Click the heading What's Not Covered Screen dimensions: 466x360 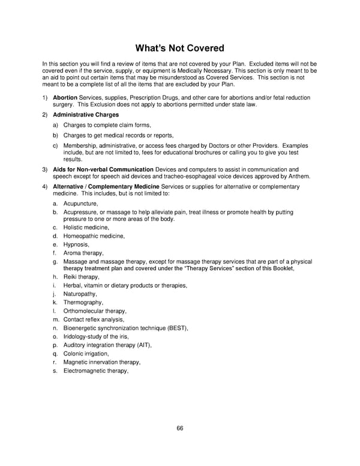(x=179, y=47)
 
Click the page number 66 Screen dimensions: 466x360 (x=179, y=428)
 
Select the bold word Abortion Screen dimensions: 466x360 (x=65, y=97)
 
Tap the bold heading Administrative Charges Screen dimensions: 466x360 (x=86, y=115)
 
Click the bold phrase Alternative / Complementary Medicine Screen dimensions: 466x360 (x=104, y=187)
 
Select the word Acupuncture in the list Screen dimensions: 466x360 (x=80, y=204)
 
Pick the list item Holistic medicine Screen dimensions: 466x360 (x=86, y=228)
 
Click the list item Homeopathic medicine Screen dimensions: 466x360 (x=94, y=236)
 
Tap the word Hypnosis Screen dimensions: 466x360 (x=76, y=244)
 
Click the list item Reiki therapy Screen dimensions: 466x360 (x=81, y=277)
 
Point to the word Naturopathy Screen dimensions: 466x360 (x=79, y=294)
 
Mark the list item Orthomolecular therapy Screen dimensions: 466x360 (x=94, y=311)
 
